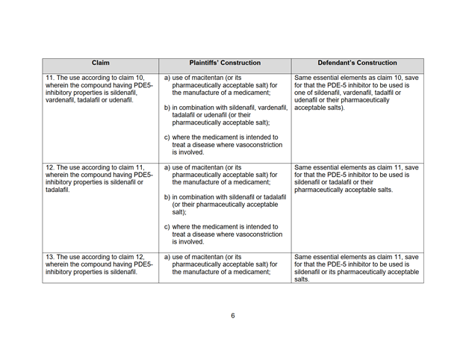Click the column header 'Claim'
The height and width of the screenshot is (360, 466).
click(x=100, y=63)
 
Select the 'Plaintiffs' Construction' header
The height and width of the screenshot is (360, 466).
click(x=224, y=63)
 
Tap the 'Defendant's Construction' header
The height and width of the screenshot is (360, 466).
click(x=357, y=63)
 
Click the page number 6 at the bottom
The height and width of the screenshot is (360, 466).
click(x=232, y=315)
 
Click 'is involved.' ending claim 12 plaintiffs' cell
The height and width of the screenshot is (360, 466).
click(x=191, y=242)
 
